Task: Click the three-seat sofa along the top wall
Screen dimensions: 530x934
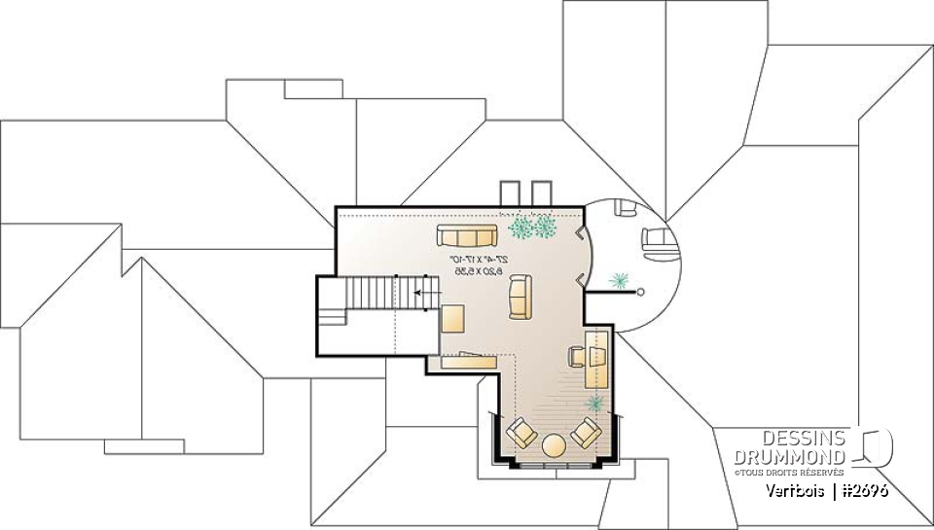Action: (x=467, y=234)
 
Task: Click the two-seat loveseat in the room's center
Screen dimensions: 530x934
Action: (x=520, y=297)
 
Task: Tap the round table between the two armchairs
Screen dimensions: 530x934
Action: (x=555, y=446)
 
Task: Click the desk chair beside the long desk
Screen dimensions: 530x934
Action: (x=576, y=356)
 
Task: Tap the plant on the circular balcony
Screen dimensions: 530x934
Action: (x=617, y=282)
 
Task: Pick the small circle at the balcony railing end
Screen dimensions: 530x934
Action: (x=640, y=291)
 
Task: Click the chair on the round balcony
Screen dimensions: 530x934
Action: (x=656, y=237)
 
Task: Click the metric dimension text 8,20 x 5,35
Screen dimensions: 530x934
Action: (x=477, y=272)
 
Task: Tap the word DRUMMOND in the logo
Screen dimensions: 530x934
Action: (x=791, y=456)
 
